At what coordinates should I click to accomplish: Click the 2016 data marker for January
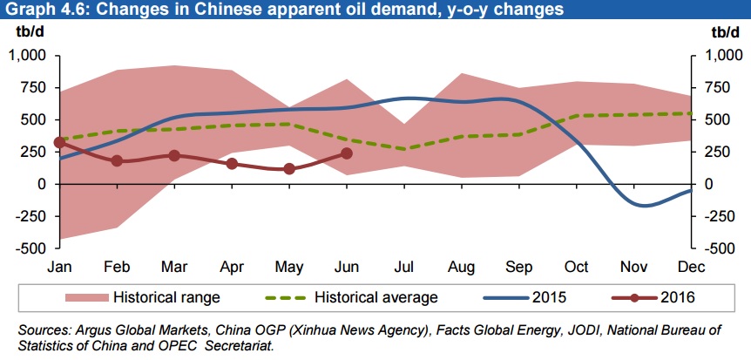(x=59, y=142)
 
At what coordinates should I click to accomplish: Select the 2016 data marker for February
(x=117, y=161)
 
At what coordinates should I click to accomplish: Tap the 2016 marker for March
(x=174, y=155)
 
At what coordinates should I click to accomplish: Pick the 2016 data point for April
(x=232, y=164)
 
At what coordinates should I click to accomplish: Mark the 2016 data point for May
(x=289, y=169)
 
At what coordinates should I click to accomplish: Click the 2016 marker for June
(x=347, y=153)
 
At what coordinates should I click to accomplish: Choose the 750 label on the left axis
(x=32, y=88)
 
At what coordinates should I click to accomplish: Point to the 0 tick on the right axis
(x=708, y=184)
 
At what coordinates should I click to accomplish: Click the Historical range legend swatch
(x=86, y=297)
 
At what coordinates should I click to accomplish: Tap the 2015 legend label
(x=549, y=297)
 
